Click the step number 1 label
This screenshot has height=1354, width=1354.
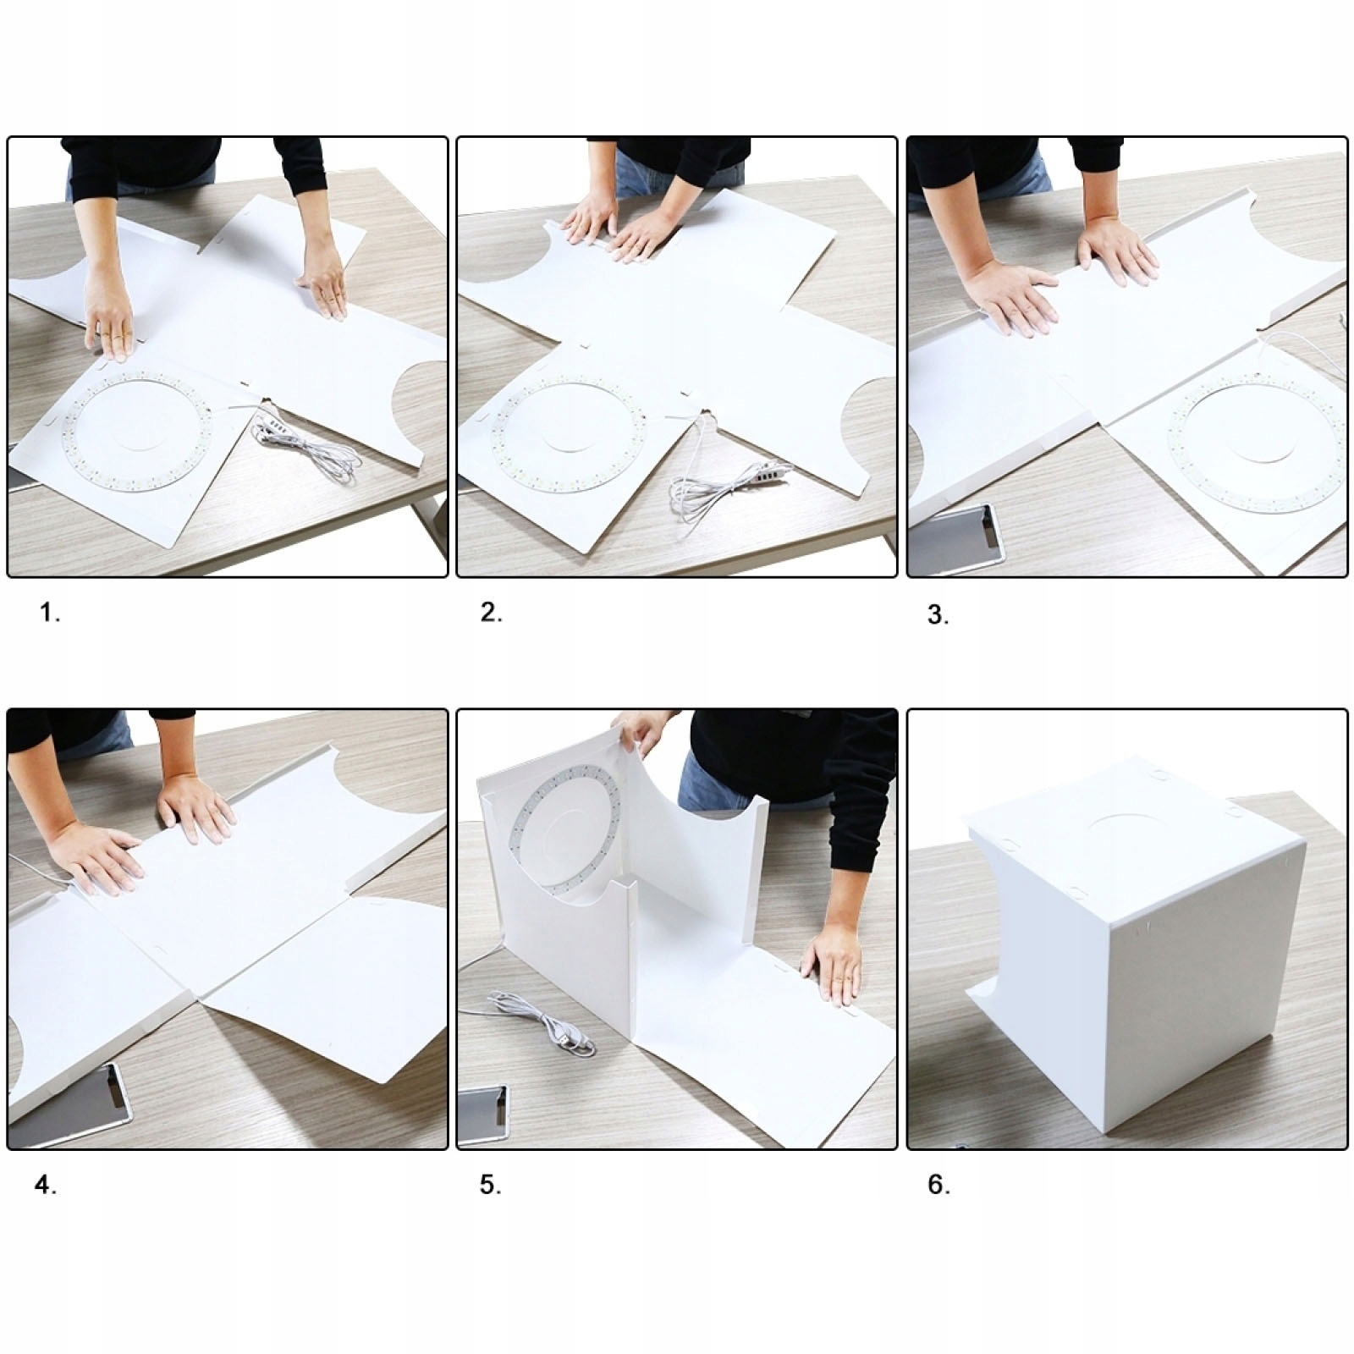50,613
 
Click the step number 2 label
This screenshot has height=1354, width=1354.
491,613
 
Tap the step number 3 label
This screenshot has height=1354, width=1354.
938,615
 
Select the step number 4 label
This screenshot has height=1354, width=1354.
46,1186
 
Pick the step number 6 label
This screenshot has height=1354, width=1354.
938,1185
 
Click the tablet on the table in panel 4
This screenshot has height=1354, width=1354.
72,1104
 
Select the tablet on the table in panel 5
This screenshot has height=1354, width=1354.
484,1113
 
